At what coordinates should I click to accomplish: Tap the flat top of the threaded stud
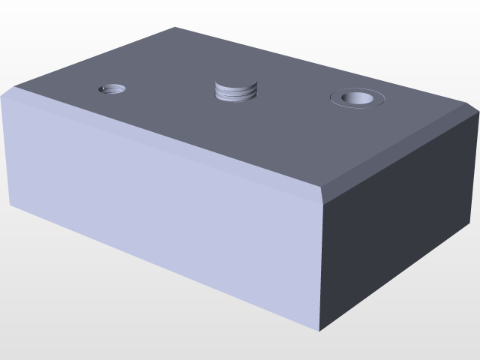[x=235, y=84]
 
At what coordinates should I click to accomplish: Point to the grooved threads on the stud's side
[x=235, y=94]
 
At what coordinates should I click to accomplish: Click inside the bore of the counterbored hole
[x=357, y=97]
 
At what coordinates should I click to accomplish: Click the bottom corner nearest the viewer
[x=320, y=330]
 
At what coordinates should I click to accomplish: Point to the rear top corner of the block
[x=175, y=28]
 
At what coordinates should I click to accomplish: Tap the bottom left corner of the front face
[x=10, y=204]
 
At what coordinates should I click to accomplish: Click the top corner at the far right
[x=478, y=114]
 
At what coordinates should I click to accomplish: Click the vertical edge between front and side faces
[x=321, y=262]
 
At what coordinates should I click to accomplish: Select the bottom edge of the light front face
[x=165, y=267]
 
